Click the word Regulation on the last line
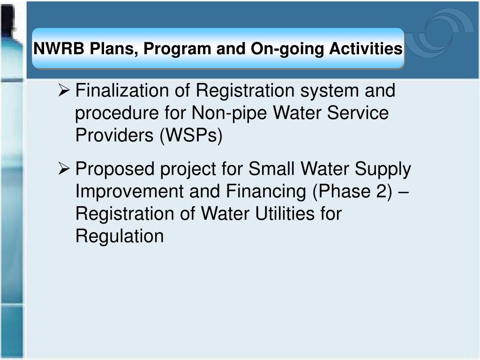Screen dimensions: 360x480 pyautogui.click(x=120, y=236)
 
